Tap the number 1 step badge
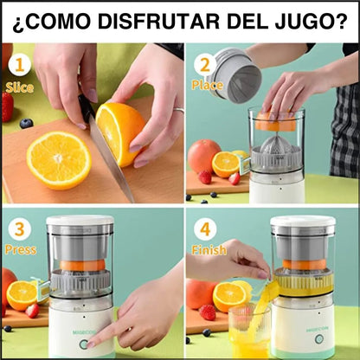click(x=20, y=64)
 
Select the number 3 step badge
click(x=20, y=228)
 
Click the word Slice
click(x=20, y=87)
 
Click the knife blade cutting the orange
click(x=108, y=156)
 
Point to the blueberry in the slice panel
click(x=27, y=124)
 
